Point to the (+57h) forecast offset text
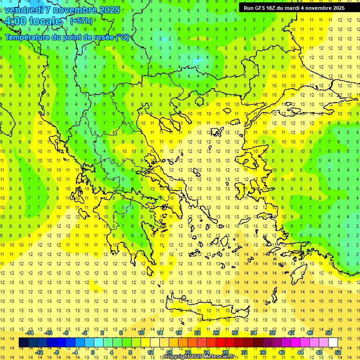pos(81,21)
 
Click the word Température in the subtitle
pos(28,37)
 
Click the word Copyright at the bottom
pos(177,357)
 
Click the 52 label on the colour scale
pos(338,352)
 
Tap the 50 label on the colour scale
pos(329,333)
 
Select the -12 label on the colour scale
pos(39,352)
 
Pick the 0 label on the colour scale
pos(93,352)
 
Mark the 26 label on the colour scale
pos(216,333)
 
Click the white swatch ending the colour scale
pos(333,343)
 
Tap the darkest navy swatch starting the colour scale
pos(23,343)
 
